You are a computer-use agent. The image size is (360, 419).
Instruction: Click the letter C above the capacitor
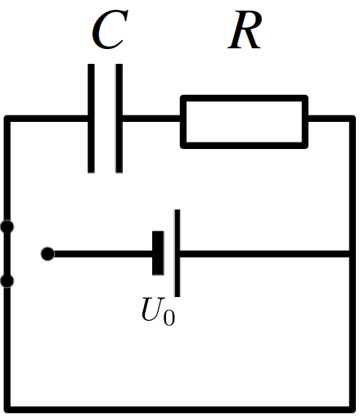click(x=110, y=29)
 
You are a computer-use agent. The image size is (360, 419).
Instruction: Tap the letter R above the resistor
click(x=245, y=30)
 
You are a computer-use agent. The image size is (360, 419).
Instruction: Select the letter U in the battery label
click(x=153, y=309)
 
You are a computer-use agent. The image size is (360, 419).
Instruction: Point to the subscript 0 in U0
click(x=169, y=318)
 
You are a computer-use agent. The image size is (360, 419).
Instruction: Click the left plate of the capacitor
click(x=91, y=119)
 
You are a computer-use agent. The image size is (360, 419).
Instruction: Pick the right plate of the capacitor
click(x=119, y=119)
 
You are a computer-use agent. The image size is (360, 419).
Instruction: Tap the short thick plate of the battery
click(x=158, y=253)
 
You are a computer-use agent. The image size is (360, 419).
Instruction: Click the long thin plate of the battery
click(x=178, y=253)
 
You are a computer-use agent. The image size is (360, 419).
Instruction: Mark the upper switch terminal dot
click(x=7, y=227)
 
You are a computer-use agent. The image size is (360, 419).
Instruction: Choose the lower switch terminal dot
click(x=7, y=281)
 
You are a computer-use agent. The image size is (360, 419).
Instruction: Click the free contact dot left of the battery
click(x=47, y=254)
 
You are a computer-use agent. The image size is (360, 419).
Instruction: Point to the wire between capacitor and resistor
click(x=151, y=119)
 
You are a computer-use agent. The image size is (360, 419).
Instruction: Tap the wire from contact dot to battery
click(x=103, y=254)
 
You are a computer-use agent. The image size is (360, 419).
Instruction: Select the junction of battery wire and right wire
click(x=352, y=254)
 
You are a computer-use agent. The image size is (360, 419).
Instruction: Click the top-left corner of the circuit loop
click(x=7, y=119)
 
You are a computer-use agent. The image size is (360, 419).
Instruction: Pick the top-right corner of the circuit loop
click(x=352, y=119)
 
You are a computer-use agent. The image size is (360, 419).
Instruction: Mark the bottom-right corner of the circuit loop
click(x=352, y=410)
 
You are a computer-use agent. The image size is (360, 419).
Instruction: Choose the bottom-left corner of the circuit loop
click(x=7, y=410)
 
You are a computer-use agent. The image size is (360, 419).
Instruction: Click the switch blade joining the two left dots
click(x=7, y=254)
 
